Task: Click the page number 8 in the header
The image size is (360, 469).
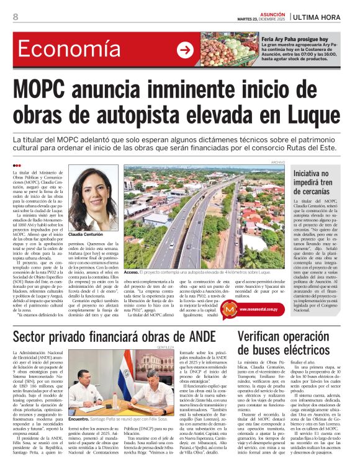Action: click(15, 17)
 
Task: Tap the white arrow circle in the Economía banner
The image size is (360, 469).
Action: click(185, 50)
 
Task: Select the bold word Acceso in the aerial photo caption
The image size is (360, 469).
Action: click(131, 272)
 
